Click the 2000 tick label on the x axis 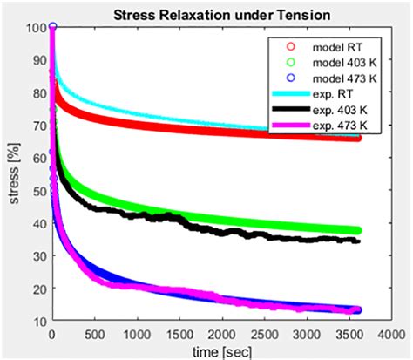pos(221,334)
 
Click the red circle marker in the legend pos(279,45)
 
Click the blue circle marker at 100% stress pos(53,28)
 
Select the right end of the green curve pos(357,231)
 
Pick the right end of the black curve pos(357,241)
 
